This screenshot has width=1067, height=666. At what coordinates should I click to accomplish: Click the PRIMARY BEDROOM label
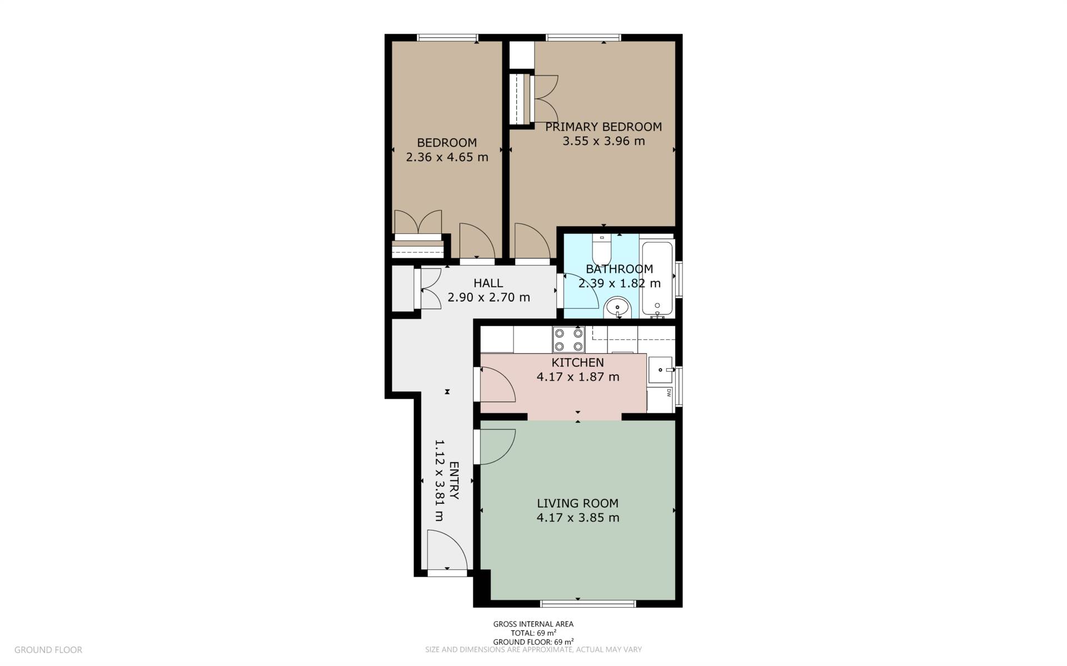(x=603, y=127)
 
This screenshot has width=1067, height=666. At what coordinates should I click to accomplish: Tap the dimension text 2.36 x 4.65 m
(x=447, y=157)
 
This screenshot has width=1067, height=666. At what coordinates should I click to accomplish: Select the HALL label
(x=488, y=283)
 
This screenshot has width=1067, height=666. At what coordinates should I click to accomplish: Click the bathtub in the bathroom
(x=657, y=278)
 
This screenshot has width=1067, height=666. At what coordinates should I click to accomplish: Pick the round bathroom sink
(x=617, y=307)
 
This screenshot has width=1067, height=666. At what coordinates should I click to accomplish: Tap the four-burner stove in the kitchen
(x=568, y=339)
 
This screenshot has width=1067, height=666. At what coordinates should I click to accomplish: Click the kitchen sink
(x=661, y=369)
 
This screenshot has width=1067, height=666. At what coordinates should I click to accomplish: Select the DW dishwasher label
(x=669, y=393)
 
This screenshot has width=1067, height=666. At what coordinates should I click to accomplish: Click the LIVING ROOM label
(x=577, y=503)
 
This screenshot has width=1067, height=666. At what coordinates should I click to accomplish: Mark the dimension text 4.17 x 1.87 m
(x=577, y=377)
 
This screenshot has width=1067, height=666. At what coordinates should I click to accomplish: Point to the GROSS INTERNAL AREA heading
(x=533, y=624)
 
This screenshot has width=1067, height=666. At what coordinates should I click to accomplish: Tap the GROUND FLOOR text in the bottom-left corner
(x=48, y=649)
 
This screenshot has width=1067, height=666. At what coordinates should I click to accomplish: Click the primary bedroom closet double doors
(x=545, y=98)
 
